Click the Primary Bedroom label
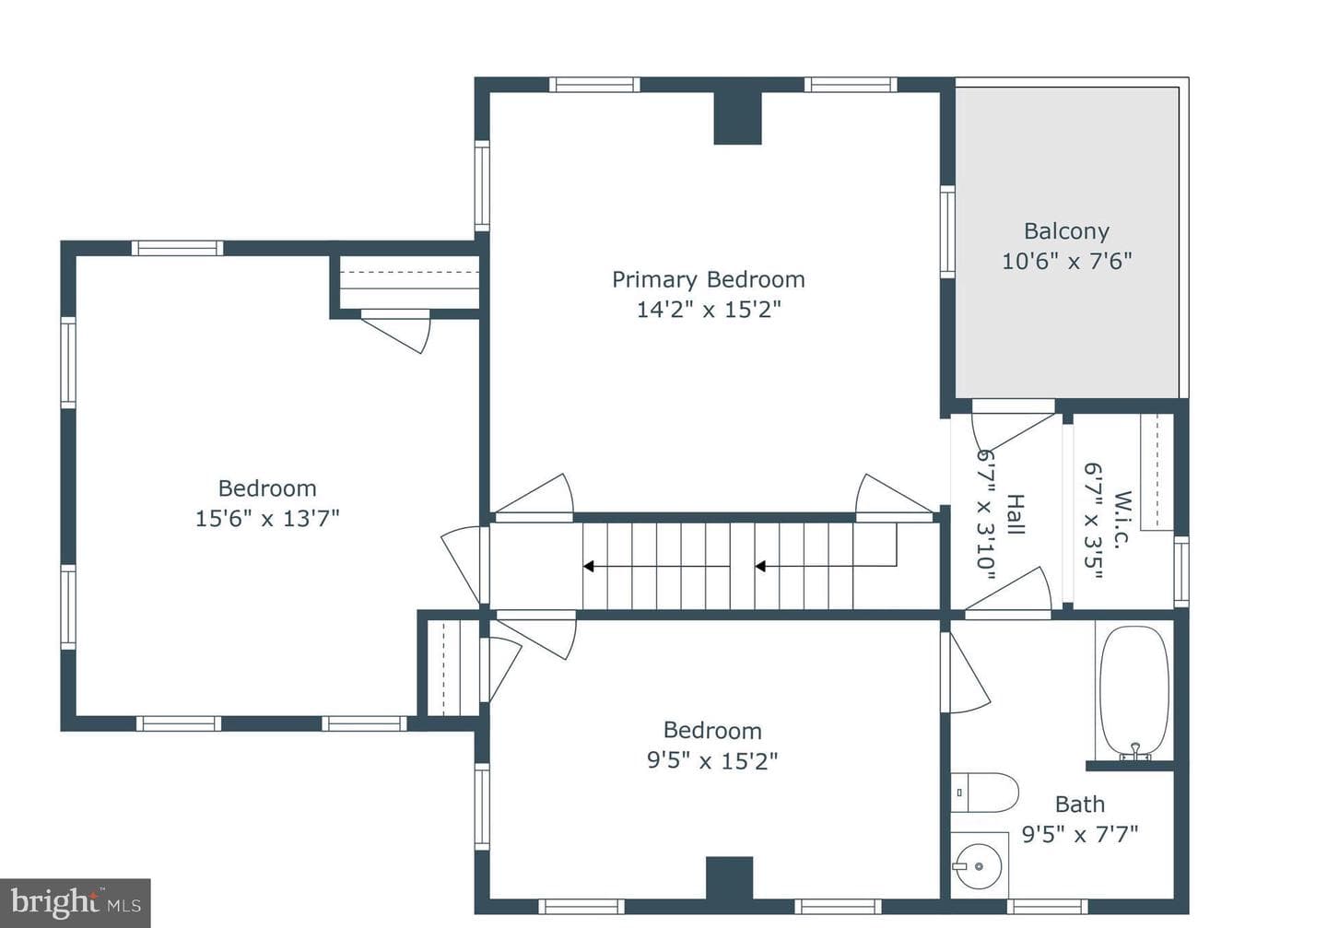tap(709, 280)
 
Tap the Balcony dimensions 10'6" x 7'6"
tap(1067, 262)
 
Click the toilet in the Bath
tap(984, 793)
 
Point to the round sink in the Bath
tap(978, 866)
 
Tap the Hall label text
tap(1016, 514)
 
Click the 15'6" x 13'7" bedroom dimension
tap(267, 519)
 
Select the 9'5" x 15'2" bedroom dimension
tap(712, 761)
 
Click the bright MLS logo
tap(76, 903)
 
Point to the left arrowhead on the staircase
tap(588, 567)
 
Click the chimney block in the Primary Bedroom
tap(737, 118)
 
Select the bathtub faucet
tap(1135, 750)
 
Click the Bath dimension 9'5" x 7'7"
tap(1080, 835)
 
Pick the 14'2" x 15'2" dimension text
tap(710, 310)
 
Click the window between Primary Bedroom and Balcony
tap(948, 231)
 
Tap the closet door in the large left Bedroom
tap(395, 331)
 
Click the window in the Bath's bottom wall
tap(1048, 907)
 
